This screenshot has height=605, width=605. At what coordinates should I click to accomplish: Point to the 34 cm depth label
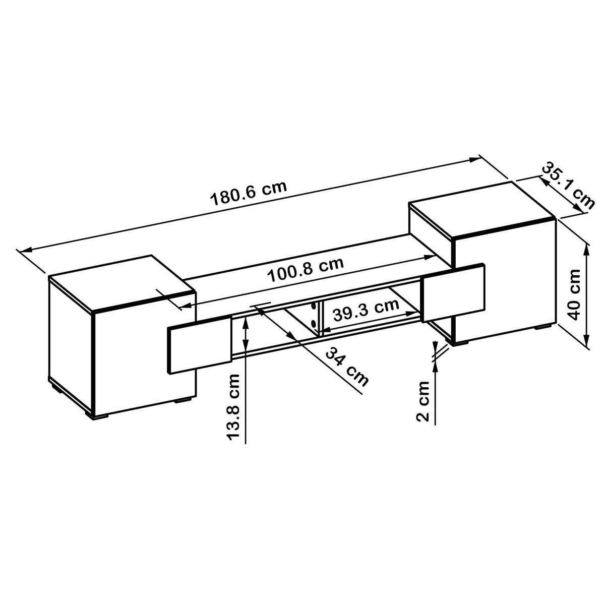346,366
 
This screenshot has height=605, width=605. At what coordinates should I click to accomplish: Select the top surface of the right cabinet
481,214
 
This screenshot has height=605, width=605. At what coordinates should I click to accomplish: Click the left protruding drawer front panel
198,346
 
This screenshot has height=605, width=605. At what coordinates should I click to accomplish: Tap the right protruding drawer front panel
454,293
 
